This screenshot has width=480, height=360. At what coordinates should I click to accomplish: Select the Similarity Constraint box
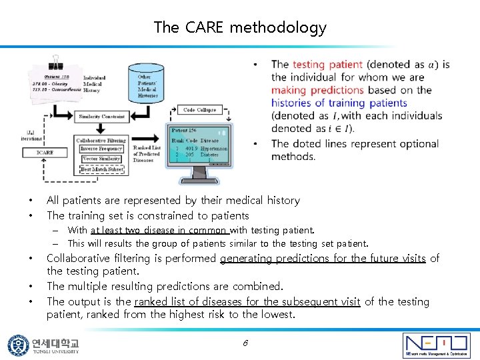[x=101, y=117]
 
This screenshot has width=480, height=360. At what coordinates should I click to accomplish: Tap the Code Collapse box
[x=199, y=110]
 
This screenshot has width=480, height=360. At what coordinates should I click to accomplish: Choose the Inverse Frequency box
[x=101, y=149]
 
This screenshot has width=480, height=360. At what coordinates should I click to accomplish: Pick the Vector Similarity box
[x=101, y=159]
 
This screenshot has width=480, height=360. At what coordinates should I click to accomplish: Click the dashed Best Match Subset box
[x=101, y=169]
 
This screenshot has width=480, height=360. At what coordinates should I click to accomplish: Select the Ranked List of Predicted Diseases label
[x=147, y=153]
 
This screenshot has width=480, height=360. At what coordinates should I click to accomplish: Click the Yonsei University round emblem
[x=18, y=345]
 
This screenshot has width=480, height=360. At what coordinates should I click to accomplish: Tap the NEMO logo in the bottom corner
[x=436, y=345]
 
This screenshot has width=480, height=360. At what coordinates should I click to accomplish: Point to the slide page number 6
[x=245, y=343]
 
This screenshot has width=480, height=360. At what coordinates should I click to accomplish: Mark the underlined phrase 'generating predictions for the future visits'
[x=323, y=259]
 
